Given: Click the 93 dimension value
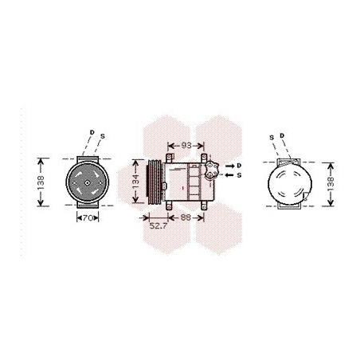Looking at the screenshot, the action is coord(186,146).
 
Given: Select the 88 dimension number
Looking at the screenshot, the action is coord(186,217).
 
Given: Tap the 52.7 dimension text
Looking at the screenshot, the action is coord(158,226).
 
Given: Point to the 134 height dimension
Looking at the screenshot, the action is coord(135,182).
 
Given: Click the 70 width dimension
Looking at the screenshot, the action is coord(88,218).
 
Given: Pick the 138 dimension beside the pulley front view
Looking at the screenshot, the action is coord(41,182).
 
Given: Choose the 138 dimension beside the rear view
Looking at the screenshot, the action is coord(331,184).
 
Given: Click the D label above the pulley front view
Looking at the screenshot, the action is coord(92,132).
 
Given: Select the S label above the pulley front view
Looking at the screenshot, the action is coord(103,136).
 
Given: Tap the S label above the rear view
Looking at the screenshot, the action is coord(272,138).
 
